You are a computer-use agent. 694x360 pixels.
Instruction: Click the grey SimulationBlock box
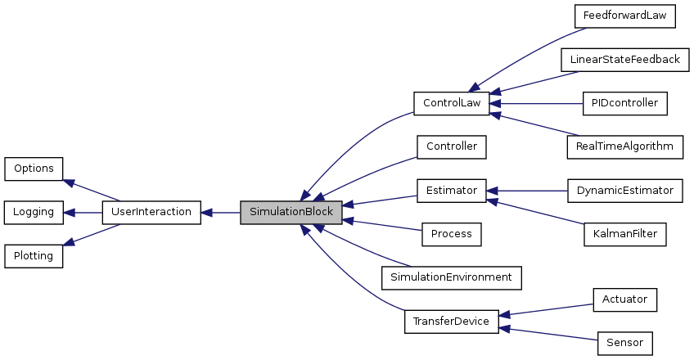tap(291, 212)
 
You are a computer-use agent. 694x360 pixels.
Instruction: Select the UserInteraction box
tap(151, 212)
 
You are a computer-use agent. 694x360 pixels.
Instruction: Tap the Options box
tap(34, 169)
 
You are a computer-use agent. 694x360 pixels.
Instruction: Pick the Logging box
tap(34, 212)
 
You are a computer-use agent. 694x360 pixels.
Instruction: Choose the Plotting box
tap(34, 256)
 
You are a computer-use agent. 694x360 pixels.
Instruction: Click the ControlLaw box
tap(451, 104)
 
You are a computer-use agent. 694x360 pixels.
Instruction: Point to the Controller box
tap(452, 147)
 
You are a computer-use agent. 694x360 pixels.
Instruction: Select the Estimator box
tap(451, 191)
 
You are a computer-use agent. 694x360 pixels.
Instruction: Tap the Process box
tap(451, 234)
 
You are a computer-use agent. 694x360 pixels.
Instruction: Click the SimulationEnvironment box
tap(451, 277)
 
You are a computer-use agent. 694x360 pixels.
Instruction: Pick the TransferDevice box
tap(451, 322)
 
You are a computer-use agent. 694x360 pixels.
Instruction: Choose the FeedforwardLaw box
tap(620, 16)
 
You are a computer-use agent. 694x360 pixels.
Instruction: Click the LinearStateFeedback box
tap(620, 60)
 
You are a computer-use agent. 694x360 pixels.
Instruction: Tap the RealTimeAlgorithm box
tap(624, 147)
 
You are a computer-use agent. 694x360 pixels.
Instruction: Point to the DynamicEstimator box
tap(624, 191)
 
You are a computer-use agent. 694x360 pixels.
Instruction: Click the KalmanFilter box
tap(624, 234)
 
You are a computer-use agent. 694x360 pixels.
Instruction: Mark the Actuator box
tap(624, 299)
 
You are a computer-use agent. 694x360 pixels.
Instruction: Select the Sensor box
tap(624, 343)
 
